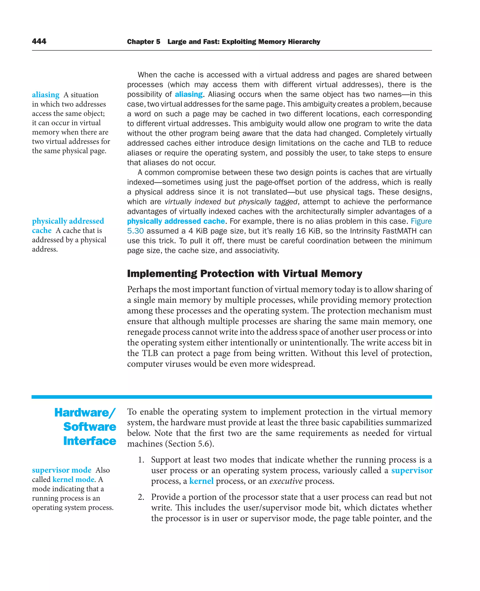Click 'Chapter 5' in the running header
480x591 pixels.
point(143,42)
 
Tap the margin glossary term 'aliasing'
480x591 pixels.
point(46,95)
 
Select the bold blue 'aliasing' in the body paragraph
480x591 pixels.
point(189,94)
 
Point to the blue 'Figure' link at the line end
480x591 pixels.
point(421,221)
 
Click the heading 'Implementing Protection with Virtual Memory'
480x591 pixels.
point(244,274)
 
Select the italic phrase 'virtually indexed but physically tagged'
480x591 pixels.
point(231,202)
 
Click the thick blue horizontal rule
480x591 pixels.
point(232,397)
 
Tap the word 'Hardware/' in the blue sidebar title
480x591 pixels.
point(85,413)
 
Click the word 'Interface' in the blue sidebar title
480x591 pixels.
point(90,441)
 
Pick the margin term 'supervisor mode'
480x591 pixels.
point(62,470)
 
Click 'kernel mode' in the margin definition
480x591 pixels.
point(73,479)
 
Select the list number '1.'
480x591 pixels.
point(141,460)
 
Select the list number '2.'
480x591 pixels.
point(141,497)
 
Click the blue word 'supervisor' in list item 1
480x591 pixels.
point(412,470)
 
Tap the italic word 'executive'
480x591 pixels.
point(286,481)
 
